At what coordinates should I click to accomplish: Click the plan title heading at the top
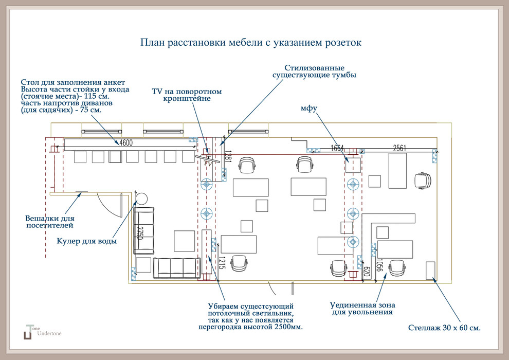click(x=250, y=42)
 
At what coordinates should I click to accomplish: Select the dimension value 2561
click(x=399, y=148)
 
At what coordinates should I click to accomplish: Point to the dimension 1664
click(x=337, y=148)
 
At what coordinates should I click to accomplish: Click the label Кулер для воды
click(x=86, y=241)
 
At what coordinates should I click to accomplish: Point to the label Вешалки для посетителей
click(x=49, y=222)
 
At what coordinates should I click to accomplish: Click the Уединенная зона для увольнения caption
click(x=362, y=308)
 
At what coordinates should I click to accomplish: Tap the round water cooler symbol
click(x=142, y=197)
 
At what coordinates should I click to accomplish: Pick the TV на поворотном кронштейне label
click(x=187, y=95)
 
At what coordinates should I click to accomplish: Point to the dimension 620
click(x=367, y=272)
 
